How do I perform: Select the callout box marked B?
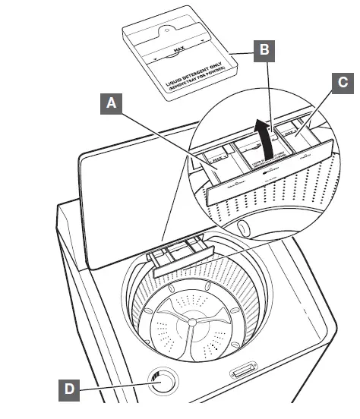tap(262, 51)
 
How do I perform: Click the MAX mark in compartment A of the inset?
tap(219, 160)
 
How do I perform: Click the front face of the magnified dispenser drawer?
tap(266, 179)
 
